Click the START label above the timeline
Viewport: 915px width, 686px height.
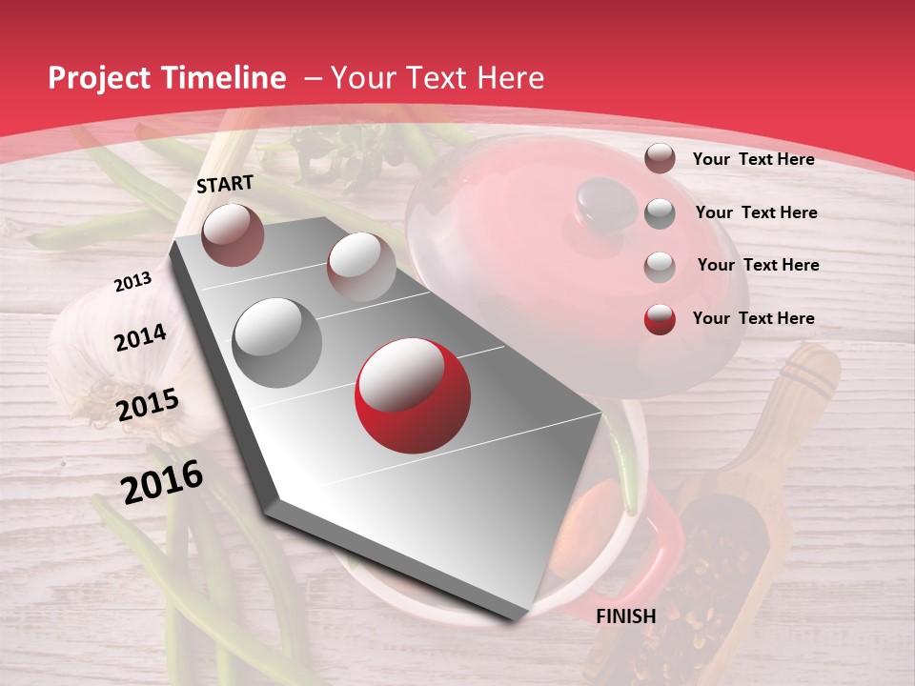(x=225, y=184)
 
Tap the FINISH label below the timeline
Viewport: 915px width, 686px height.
(x=625, y=616)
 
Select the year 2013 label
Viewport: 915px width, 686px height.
(x=133, y=282)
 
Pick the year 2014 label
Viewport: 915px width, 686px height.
(x=141, y=338)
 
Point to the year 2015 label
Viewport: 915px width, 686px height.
(x=148, y=405)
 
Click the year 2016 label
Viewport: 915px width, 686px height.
(x=162, y=482)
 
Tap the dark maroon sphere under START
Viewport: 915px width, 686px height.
(x=233, y=234)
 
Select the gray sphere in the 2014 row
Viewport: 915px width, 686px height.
(x=277, y=343)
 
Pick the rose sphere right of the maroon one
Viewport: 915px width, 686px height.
(x=360, y=266)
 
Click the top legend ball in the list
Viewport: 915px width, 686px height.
(x=660, y=158)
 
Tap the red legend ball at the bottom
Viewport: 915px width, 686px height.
(x=660, y=318)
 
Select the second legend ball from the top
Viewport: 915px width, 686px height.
(x=660, y=213)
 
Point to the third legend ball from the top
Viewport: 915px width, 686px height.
(x=660, y=266)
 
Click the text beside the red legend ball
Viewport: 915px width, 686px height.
(x=753, y=318)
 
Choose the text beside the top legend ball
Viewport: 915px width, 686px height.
(x=753, y=159)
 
